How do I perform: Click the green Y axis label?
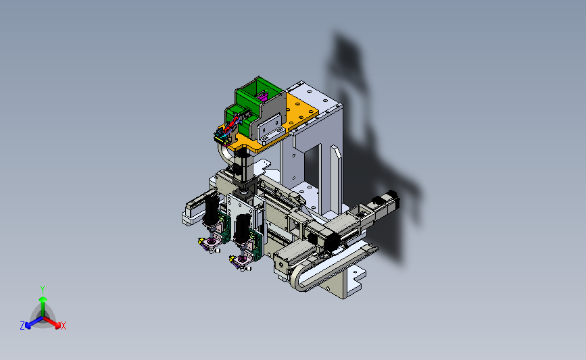(x=43, y=290)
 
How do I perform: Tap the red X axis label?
(x=63, y=326)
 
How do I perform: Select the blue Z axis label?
(x=22, y=326)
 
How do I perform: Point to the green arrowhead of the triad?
(x=43, y=299)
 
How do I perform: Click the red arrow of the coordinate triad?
(x=51, y=322)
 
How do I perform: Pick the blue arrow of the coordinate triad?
(x=34, y=323)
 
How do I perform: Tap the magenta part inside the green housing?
(x=262, y=97)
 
